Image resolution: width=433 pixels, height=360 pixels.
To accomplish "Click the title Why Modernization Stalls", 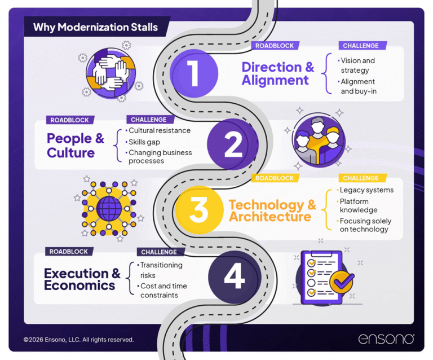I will click(x=95, y=27).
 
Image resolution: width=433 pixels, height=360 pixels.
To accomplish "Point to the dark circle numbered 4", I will click(x=234, y=276).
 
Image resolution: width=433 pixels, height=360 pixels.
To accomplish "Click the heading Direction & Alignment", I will click(x=277, y=74).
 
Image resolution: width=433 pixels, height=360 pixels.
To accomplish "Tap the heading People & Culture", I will click(x=76, y=145).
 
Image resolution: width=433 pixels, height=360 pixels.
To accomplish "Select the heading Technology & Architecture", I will click(x=272, y=210).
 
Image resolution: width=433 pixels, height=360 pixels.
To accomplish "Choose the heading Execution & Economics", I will click(x=82, y=279).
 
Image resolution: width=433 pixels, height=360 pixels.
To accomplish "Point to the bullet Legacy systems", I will click(x=366, y=190).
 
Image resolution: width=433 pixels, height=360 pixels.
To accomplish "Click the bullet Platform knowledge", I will click(x=359, y=205).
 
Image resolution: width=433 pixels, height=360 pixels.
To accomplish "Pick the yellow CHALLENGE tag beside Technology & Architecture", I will click(x=361, y=178).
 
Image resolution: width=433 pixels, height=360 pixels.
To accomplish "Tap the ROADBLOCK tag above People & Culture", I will click(x=69, y=120).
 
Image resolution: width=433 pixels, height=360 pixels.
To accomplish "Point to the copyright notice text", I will click(x=78, y=340).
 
